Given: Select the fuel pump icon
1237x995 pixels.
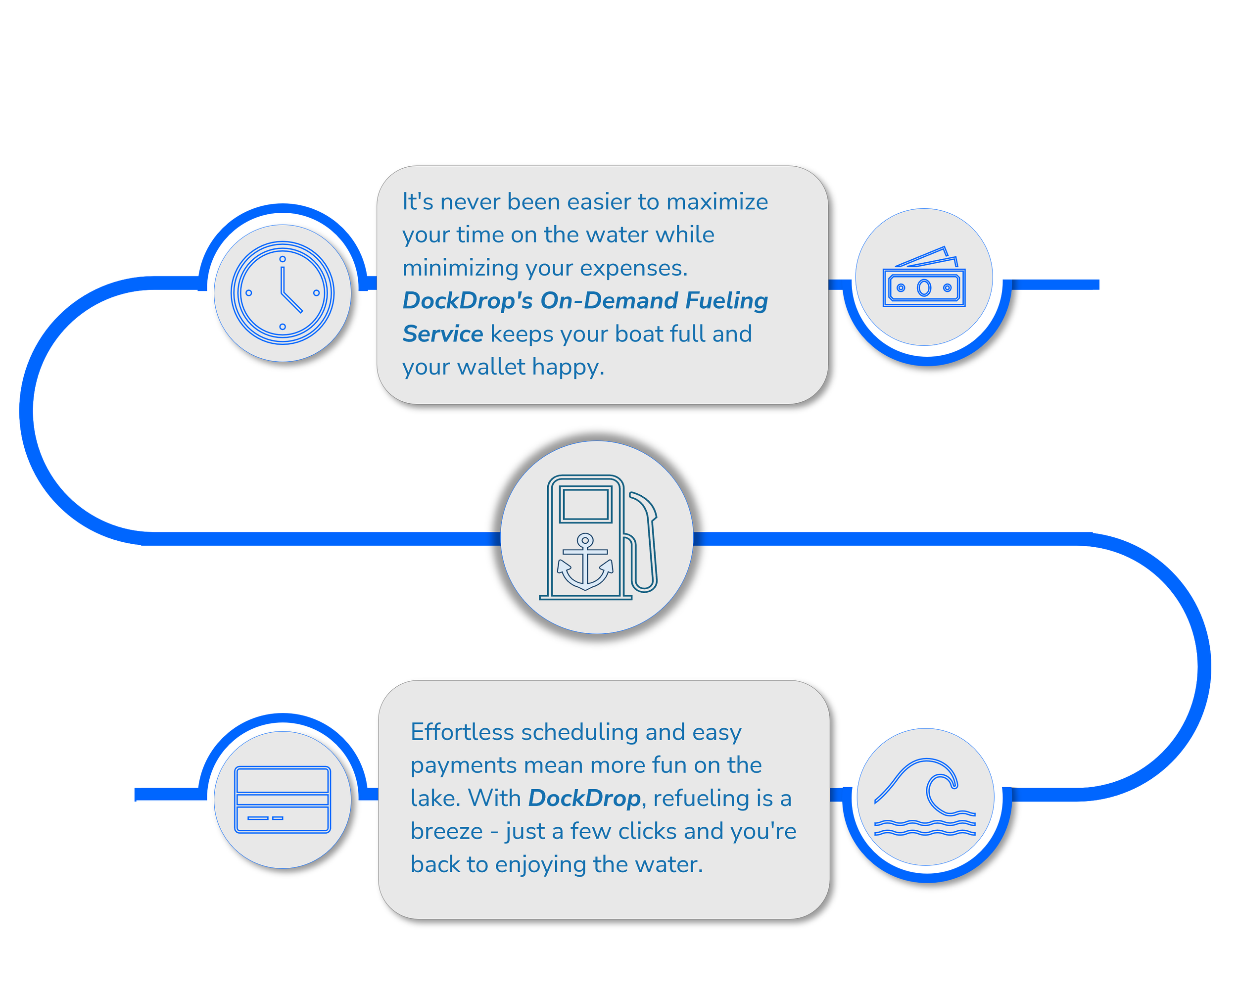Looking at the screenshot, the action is [x=598, y=537].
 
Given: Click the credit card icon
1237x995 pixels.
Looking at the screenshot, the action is [x=283, y=800].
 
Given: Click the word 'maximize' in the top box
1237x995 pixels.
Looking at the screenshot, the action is [x=717, y=202].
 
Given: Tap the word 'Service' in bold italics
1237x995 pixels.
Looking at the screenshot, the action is [x=443, y=334].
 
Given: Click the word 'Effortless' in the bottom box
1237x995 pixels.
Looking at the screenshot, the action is [x=463, y=732].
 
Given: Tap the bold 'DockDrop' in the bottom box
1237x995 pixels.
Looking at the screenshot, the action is [x=584, y=799].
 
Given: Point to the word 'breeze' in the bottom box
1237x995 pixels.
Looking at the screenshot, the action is [x=447, y=831].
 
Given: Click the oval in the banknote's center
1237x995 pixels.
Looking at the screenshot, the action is [x=924, y=287].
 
